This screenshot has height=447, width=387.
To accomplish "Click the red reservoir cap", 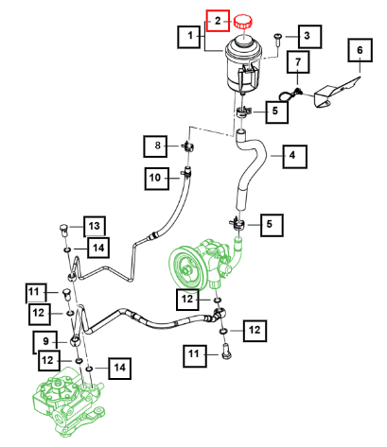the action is pyautogui.click(x=243, y=22).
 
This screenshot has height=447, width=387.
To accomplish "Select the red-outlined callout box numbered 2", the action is pyautogui.click(x=218, y=21).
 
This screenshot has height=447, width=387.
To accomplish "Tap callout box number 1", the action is pyautogui.click(x=189, y=37).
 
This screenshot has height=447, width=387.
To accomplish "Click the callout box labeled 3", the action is pyautogui.click(x=309, y=37).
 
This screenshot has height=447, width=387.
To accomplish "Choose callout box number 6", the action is pyautogui.click(x=361, y=50).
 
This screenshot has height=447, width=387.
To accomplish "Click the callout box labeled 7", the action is pyautogui.click(x=298, y=62).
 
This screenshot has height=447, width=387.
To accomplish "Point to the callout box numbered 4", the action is pyautogui.click(x=294, y=156).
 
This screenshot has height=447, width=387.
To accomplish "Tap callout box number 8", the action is pyautogui.click(x=155, y=146).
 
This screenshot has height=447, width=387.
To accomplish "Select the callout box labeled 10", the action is pyautogui.click(x=157, y=179).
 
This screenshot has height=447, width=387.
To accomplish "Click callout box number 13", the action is pyautogui.click(x=95, y=227).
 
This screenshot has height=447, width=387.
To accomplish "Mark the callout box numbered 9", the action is pyautogui.click(x=45, y=342).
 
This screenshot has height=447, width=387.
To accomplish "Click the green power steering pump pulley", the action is pyautogui.click(x=187, y=269).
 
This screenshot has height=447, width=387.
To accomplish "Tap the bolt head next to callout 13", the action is pyautogui.click(x=64, y=231).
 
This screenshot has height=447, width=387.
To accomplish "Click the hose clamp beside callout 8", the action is pyautogui.click(x=188, y=146).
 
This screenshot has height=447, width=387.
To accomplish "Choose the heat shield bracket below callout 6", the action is pyautogui.click(x=335, y=92).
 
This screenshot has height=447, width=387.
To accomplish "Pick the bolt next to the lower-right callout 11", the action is pyautogui.click(x=226, y=352).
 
